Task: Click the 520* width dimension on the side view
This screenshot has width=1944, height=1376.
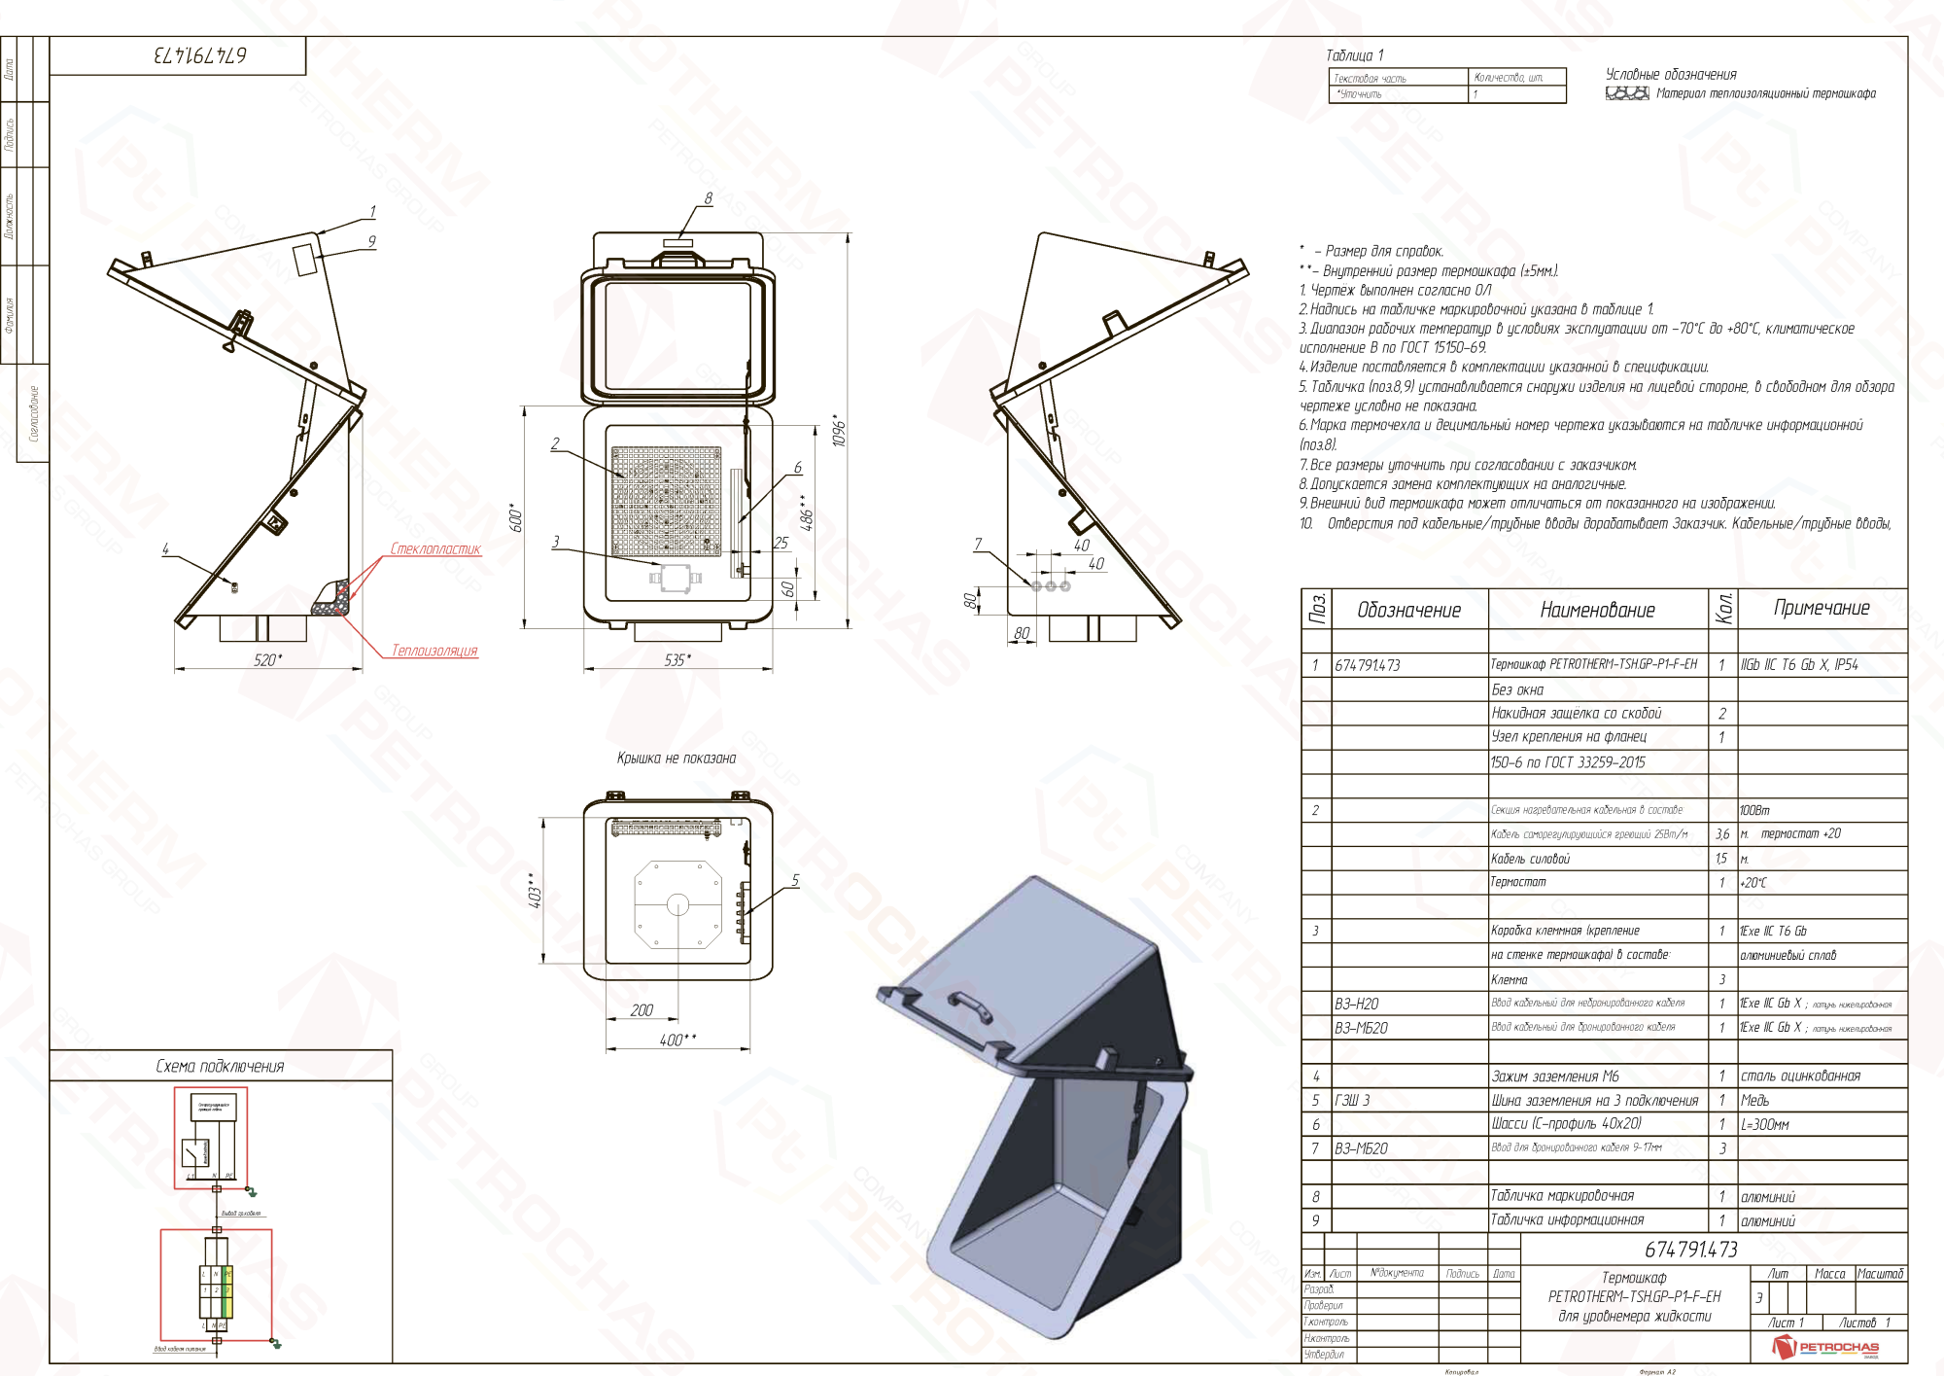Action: click(266, 660)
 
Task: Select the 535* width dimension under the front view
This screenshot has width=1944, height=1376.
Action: click(677, 660)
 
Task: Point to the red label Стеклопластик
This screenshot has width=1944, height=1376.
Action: click(435, 549)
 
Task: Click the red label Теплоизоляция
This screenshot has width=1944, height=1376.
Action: click(434, 651)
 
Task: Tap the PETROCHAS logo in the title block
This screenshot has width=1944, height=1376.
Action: click(1827, 1347)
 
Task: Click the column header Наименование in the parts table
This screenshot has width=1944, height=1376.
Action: click(1597, 611)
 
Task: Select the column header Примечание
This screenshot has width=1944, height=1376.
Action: click(1822, 609)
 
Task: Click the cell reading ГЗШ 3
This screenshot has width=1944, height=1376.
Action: click(1352, 1101)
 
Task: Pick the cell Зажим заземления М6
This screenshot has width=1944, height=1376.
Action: click(1555, 1076)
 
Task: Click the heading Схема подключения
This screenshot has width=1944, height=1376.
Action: click(221, 1067)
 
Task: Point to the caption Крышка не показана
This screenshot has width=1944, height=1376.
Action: click(677, 759)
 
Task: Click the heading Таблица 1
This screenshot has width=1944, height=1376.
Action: click(1354, 55)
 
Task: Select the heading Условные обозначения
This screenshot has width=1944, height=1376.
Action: click(1671, 75)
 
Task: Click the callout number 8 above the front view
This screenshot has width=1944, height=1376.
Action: click(708, 198)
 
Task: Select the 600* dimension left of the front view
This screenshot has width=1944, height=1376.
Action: click(517, 518)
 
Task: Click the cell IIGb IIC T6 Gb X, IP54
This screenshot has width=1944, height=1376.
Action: click(1799, 665)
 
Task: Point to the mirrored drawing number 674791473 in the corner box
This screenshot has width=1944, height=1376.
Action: click(199, 55)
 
